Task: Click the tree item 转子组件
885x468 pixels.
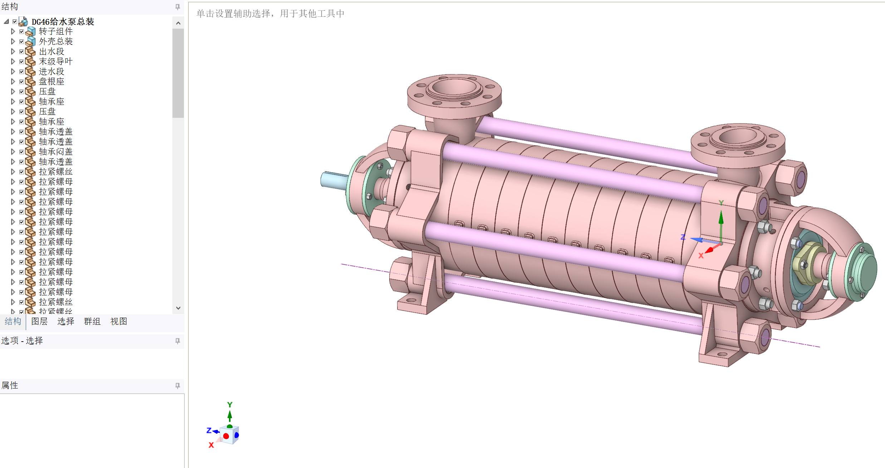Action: (56, 32)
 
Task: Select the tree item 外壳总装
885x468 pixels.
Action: (56, 42)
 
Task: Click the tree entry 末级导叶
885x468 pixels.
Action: (56, 62)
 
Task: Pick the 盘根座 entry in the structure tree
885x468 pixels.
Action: (52, 82)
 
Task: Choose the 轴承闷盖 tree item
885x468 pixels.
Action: (56, 152)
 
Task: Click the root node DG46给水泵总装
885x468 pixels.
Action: (63, 22)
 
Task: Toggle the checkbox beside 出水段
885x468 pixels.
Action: (21, 52)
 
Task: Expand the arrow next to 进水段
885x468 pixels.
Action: (13, 72)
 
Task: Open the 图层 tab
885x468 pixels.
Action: (39, 321)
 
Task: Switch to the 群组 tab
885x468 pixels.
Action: (92, 321)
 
